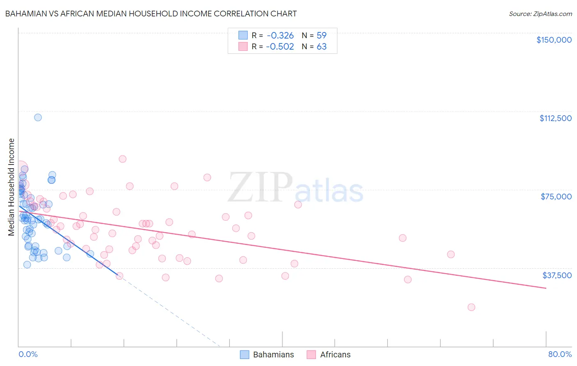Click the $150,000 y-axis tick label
(x=554, y=40)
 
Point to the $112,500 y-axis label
(x=555, y=118)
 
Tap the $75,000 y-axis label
(x=556, y=197)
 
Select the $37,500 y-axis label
(x=557, y=275)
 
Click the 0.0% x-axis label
(x=28, y=355)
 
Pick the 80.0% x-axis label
(x=560, y=355)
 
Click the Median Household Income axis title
(x=11, y=187)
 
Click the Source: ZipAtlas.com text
(x=540, y=14)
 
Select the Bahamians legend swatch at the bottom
(x=245, y=355)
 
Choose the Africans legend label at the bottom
(x=335, y=355)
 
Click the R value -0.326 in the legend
(x=280, y=35)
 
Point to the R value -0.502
(x=280, y=47)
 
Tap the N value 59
(x=321, y=35)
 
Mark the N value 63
(x=321, y=47)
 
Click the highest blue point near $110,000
(x=38, y=117)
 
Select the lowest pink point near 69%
(x=471, y=307)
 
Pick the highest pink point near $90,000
(x=122, y=159)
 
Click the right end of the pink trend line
(x=546, y=288)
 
